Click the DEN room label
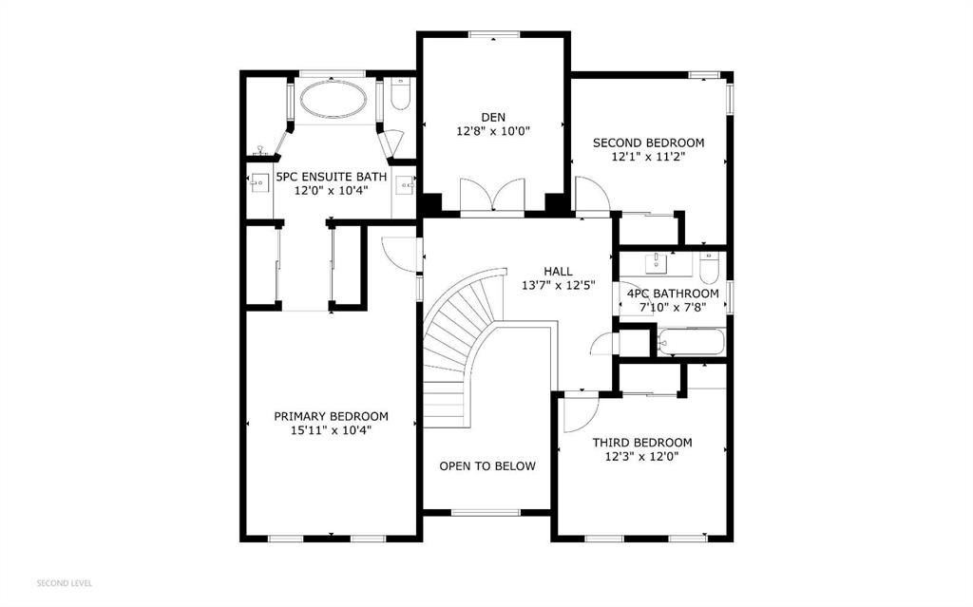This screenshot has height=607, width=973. point(493,117)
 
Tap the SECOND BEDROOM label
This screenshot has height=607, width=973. point(648,142)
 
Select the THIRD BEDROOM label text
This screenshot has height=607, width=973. point(642,443)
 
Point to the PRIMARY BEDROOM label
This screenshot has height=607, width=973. point(332,416)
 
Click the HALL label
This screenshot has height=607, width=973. point(559,272)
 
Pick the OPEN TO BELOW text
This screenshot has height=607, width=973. point(487,466)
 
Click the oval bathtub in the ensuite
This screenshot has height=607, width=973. point(334,99)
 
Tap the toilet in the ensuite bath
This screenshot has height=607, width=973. point(401,94)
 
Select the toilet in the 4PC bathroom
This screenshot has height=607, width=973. point(709,268)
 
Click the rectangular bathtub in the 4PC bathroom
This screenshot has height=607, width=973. point(692,342)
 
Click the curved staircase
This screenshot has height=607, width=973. point(463,348)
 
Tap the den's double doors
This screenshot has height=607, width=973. point(493,195)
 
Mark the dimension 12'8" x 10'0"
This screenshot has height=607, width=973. point(493,132)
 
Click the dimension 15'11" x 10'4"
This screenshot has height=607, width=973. point(332,430)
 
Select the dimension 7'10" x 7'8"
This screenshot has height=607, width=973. point(674,307)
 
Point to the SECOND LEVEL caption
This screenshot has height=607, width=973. point(65,583)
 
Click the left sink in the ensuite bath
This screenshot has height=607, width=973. point(259,183)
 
